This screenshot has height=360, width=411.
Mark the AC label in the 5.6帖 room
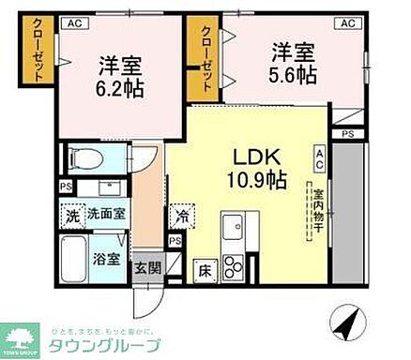(x=345, y=22)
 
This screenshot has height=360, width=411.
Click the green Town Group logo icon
(x=21, y=337)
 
